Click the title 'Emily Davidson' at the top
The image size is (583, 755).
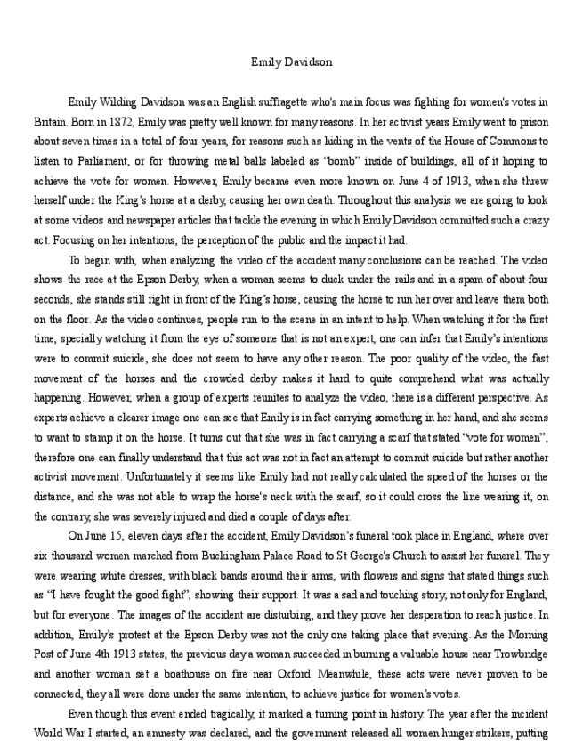pyautogui.click(x=291, y=62)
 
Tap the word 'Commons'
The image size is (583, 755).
pyautogui.click(x=508, y=142)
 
